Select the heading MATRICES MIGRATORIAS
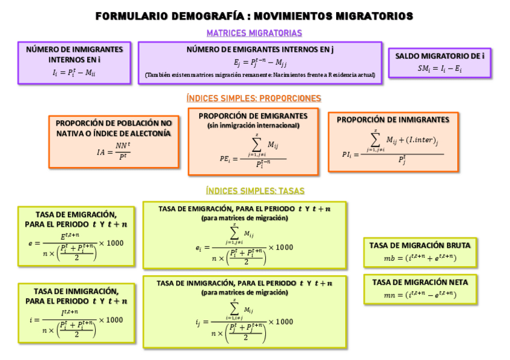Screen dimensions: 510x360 254,33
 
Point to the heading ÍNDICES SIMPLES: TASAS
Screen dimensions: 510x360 255,191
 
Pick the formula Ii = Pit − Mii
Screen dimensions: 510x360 74,73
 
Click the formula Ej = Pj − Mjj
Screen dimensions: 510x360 260,63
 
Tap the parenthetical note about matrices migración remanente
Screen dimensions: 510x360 260,75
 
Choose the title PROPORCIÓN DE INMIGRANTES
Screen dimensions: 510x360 393,120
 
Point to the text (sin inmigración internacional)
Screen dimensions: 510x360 253,126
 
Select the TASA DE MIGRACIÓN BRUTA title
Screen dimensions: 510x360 420,245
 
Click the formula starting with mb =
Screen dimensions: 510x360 420,258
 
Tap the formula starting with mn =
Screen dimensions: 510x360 420,294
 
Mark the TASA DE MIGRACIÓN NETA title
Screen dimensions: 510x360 420,282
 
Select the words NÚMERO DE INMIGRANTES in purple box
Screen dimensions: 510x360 74,49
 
